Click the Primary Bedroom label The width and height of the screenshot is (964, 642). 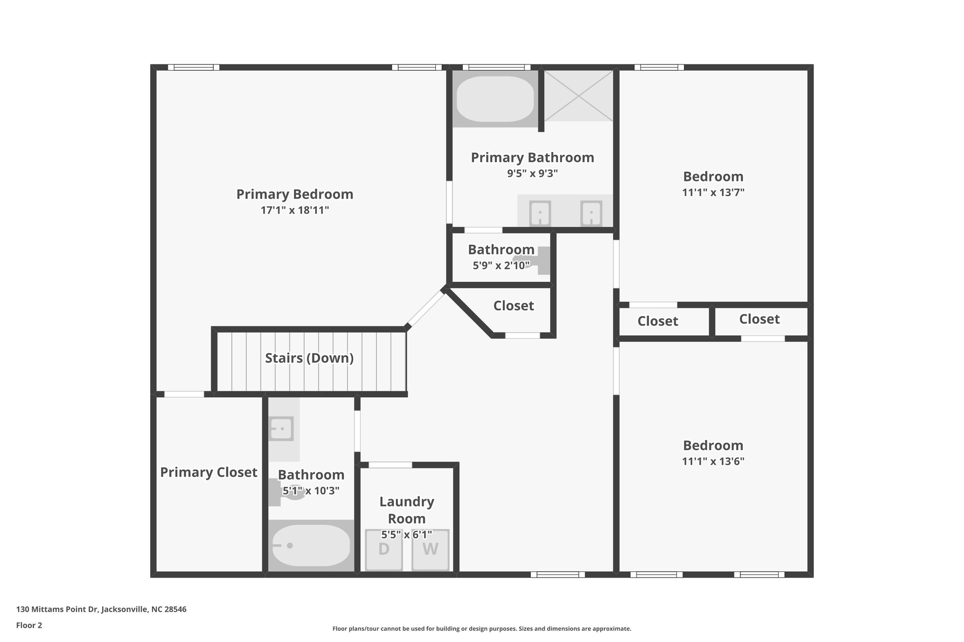[294, 194]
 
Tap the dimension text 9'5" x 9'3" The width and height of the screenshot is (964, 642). [532, 174]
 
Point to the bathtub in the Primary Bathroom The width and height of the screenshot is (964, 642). [495, 98]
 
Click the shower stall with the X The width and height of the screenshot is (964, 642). [579, 95]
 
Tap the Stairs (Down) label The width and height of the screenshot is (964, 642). [309, 358]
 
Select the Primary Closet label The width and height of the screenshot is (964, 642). [209, 472]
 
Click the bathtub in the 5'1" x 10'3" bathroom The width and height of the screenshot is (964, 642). [311, 546]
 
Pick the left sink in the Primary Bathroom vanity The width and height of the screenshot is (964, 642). [540, 213]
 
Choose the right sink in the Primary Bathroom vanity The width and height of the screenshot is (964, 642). [591, 213]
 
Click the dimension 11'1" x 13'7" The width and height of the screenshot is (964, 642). [713, 192]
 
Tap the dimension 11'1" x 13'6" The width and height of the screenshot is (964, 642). [713, 461]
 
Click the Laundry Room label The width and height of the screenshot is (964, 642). [407, 510]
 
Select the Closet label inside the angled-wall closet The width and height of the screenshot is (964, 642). [513, 306]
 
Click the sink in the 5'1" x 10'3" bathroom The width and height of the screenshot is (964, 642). [281, 428]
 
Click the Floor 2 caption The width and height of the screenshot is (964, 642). [29, 626]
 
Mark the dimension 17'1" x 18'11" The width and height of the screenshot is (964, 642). [294, 210]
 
